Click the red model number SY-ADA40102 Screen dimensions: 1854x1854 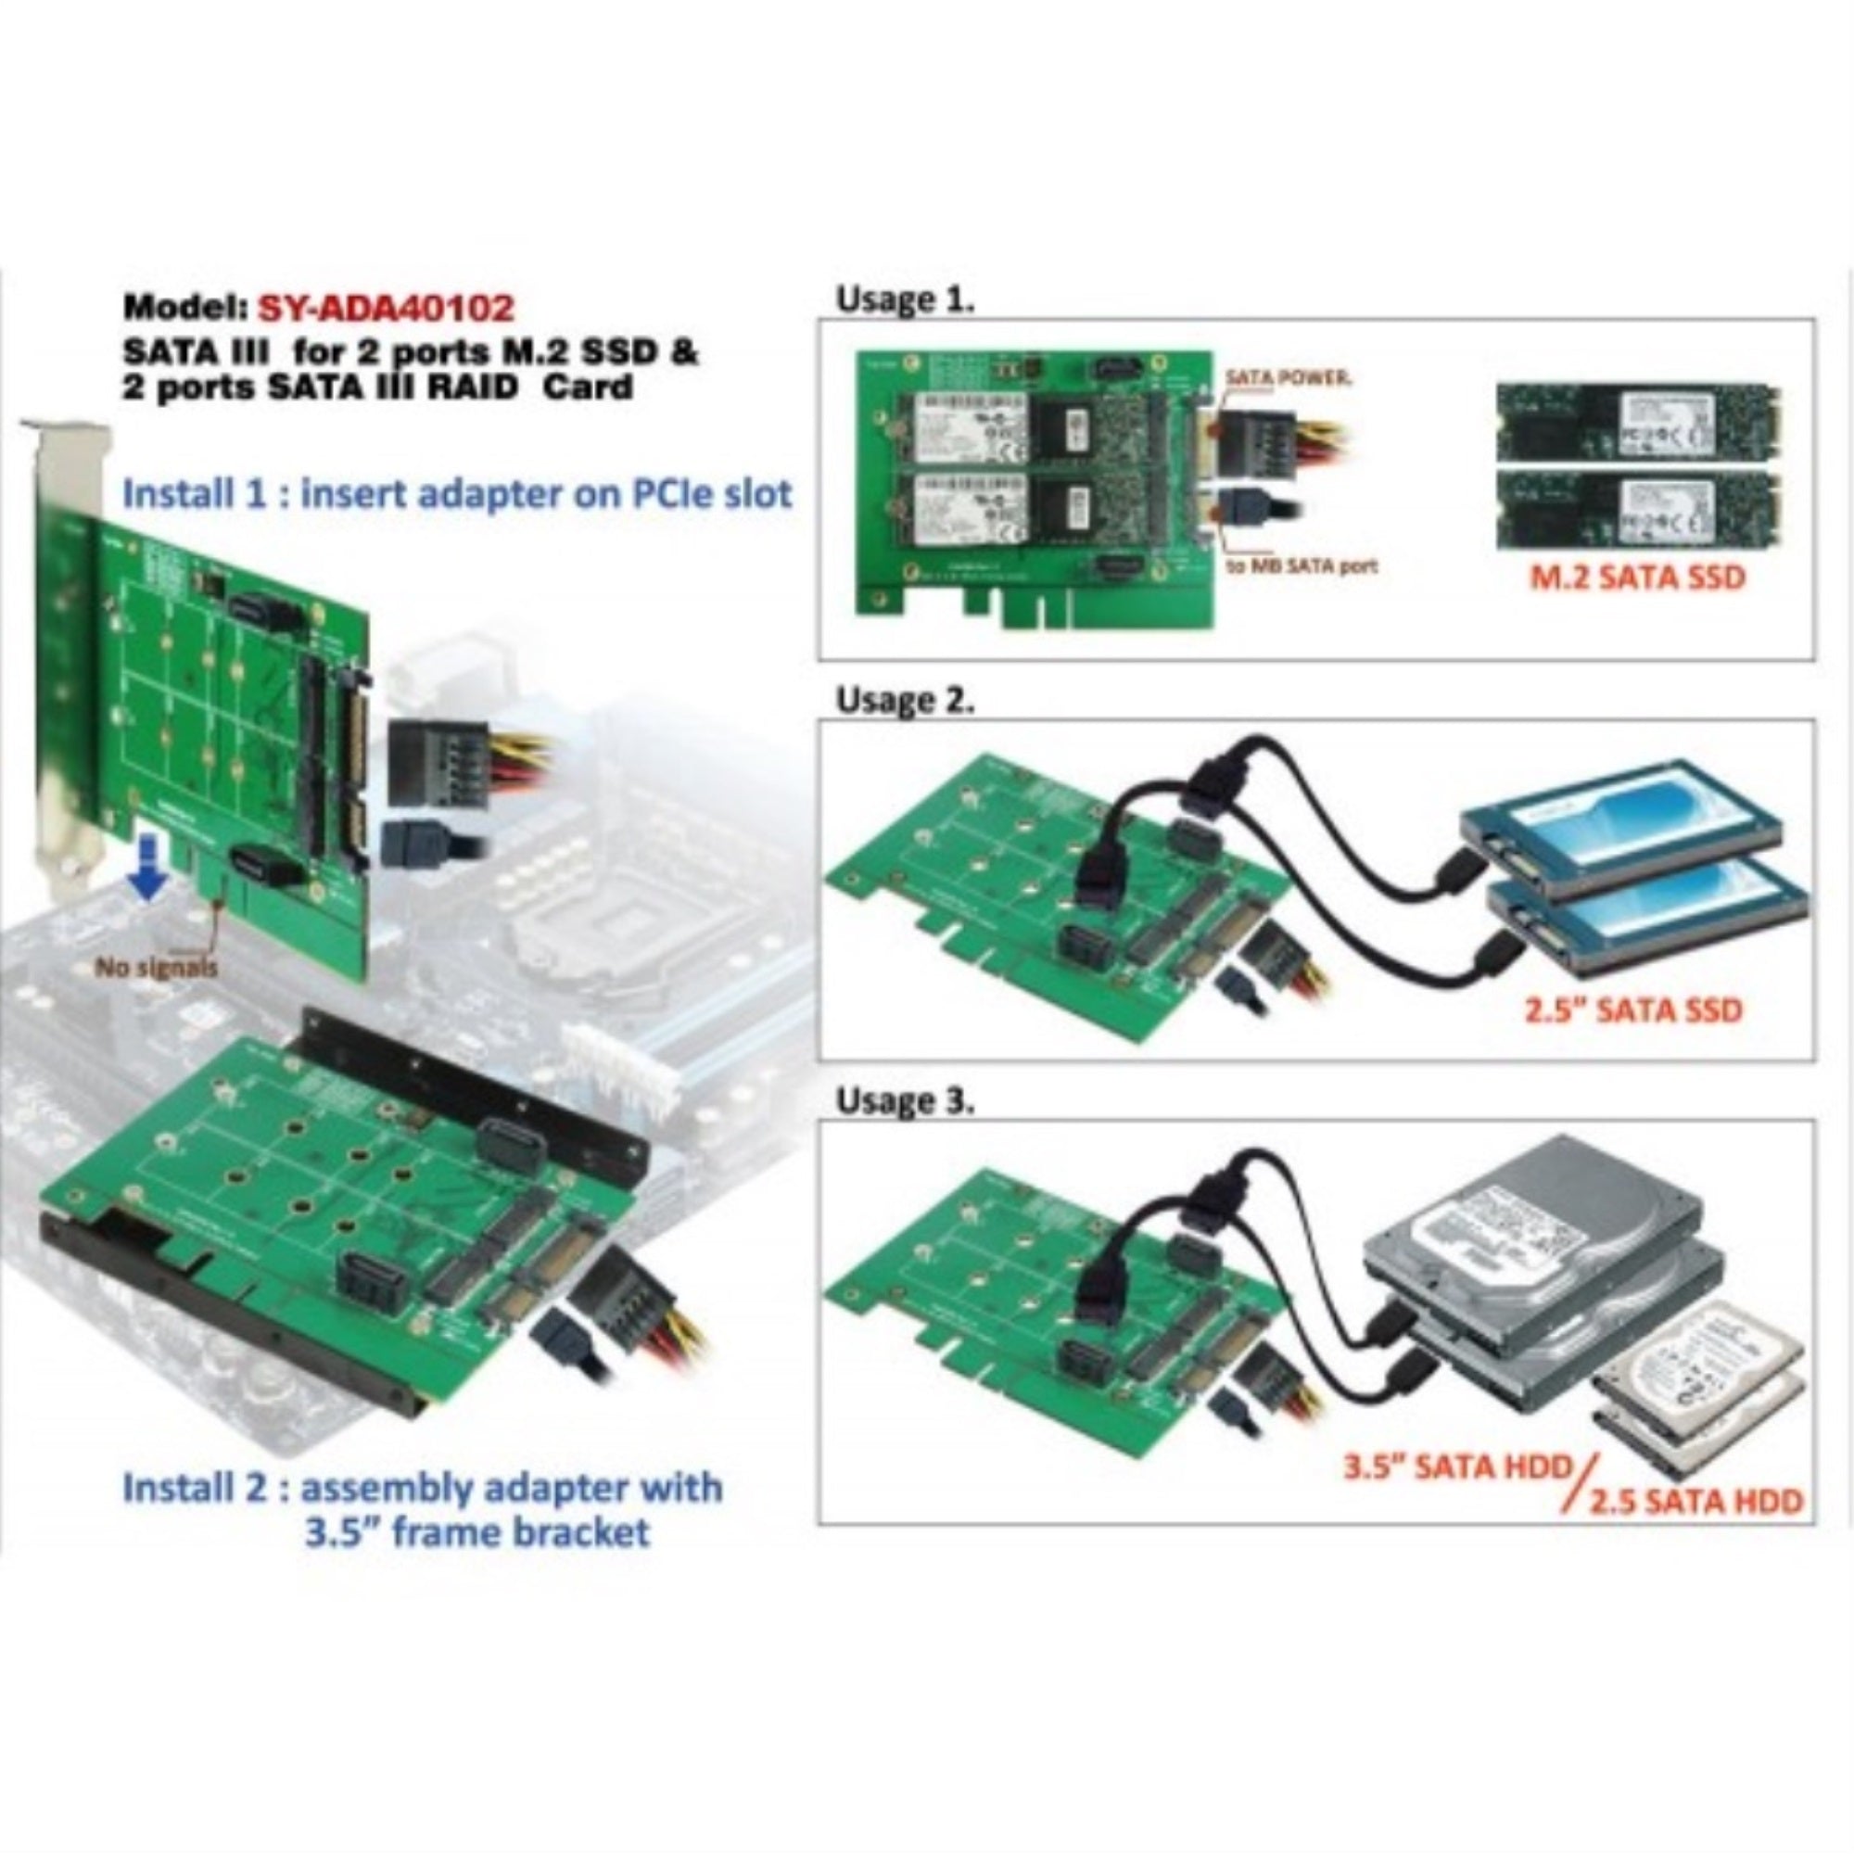click(386, 307)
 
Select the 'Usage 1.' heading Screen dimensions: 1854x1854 click(905, 299)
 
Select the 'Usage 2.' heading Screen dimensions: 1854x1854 click(905, 700)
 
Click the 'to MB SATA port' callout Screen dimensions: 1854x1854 click(1302, 565)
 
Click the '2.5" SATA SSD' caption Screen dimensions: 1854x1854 click(1633, 1010)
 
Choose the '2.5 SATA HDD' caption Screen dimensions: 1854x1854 click(1695, 1500)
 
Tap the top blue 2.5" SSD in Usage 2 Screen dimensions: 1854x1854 click(1621, 825)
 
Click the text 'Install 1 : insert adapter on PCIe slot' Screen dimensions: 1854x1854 click(458, 494)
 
